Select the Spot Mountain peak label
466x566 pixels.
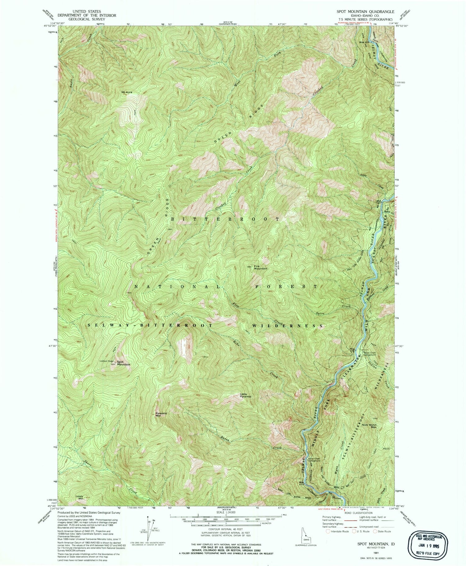(x=123, y=363)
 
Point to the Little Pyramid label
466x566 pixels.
(x=245, y=395)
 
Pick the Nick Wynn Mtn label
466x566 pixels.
(x=369, y=426)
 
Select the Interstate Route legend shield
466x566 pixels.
(x=328, y=531)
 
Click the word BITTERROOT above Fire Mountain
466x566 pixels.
(x=226, y=219)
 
